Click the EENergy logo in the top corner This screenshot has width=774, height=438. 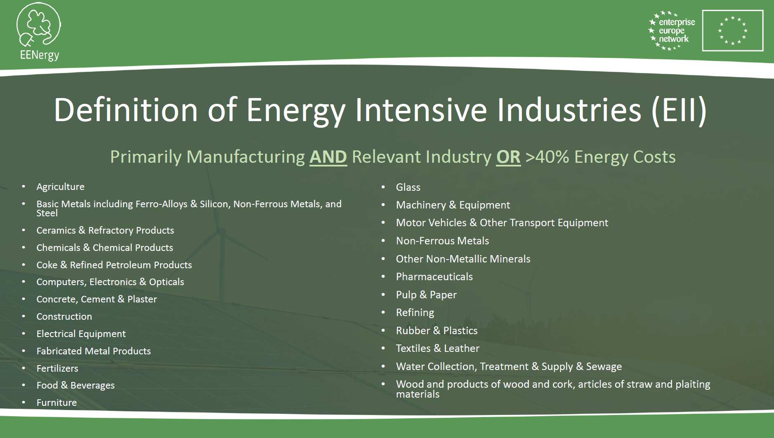[39, 31]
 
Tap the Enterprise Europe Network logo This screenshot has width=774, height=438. [672, 31]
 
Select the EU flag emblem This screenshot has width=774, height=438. [733, 31]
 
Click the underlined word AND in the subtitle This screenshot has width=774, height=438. [328, 157]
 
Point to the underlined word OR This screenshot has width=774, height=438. [508, 157]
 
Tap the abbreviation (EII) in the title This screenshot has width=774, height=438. [679, 110]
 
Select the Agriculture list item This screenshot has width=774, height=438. [60, 187]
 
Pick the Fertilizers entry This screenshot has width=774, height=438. [57, 368]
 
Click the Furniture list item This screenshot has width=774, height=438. [57, 403]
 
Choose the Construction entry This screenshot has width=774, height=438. [64, 316]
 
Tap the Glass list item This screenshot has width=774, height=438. [408, 187]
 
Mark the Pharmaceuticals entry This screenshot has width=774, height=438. [434, 276]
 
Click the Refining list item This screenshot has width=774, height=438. [415, 313]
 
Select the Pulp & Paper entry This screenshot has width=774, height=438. [426, 295]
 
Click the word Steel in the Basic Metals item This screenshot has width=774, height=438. [47, 213]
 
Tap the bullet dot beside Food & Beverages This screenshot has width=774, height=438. [24, 385]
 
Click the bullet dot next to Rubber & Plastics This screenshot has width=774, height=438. [383, 330]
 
